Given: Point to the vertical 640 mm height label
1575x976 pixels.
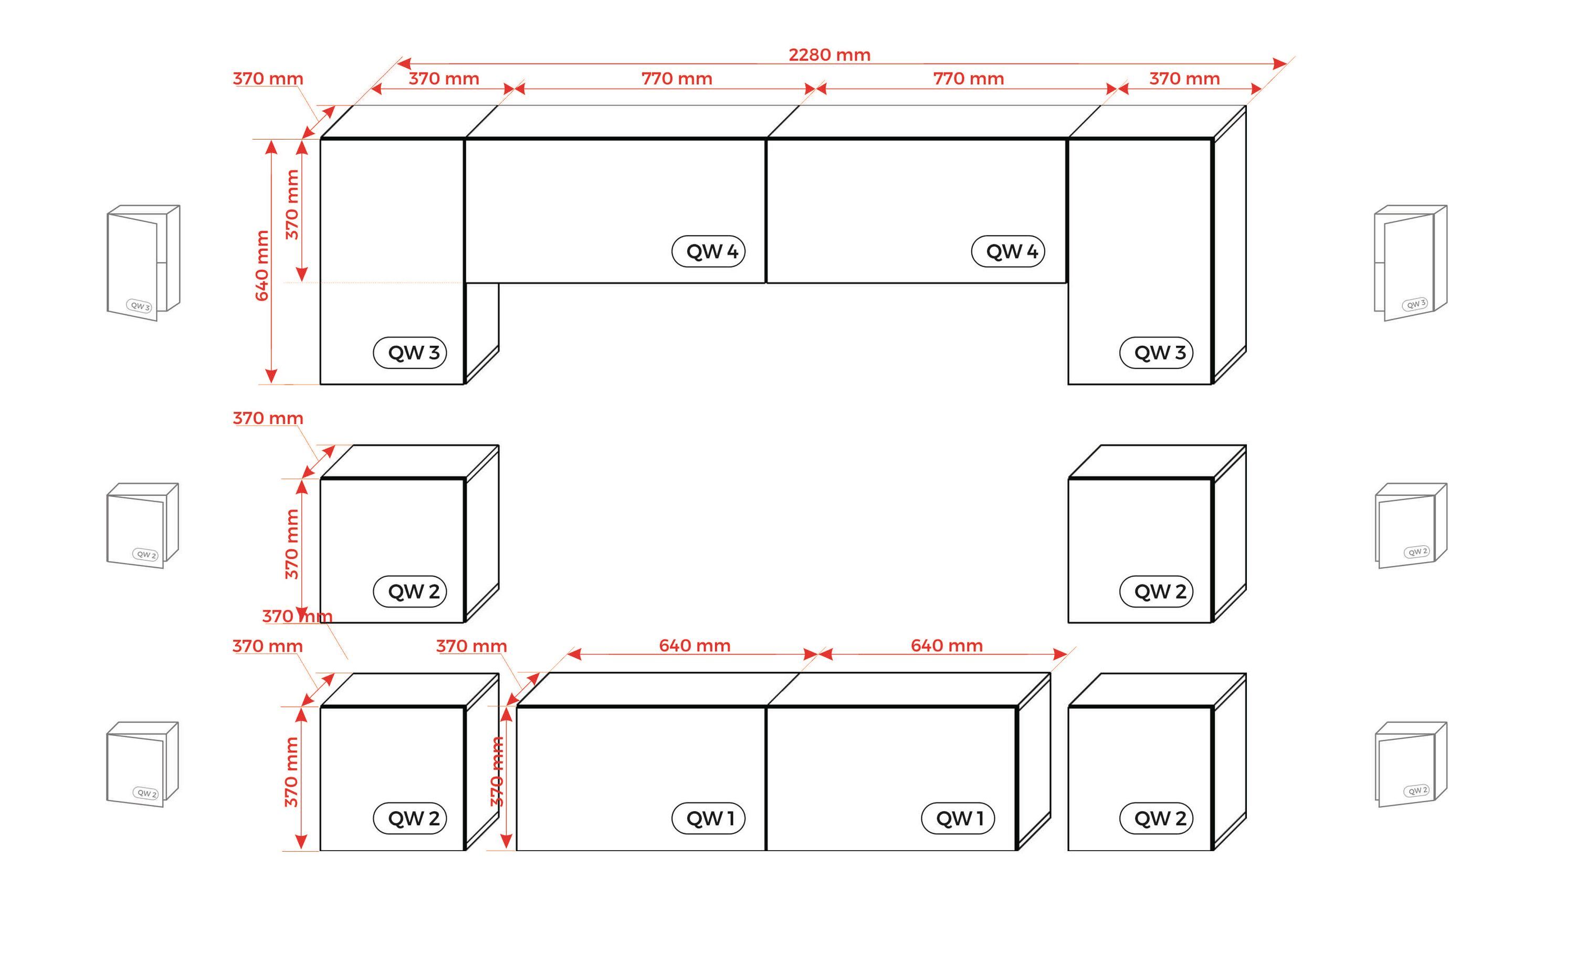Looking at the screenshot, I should (261, 266).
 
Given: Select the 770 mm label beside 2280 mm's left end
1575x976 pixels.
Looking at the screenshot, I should (677, 79).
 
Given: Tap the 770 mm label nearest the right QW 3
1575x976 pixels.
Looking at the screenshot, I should (968, 79).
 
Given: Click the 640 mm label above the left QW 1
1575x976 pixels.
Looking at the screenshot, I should (694, 645).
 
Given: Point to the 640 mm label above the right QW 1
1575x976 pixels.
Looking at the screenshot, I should (946, 645).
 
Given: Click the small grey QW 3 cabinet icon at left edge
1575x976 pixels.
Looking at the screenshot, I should (143, 263).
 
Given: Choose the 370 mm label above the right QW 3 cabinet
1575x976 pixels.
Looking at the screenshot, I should (1184, 79).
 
